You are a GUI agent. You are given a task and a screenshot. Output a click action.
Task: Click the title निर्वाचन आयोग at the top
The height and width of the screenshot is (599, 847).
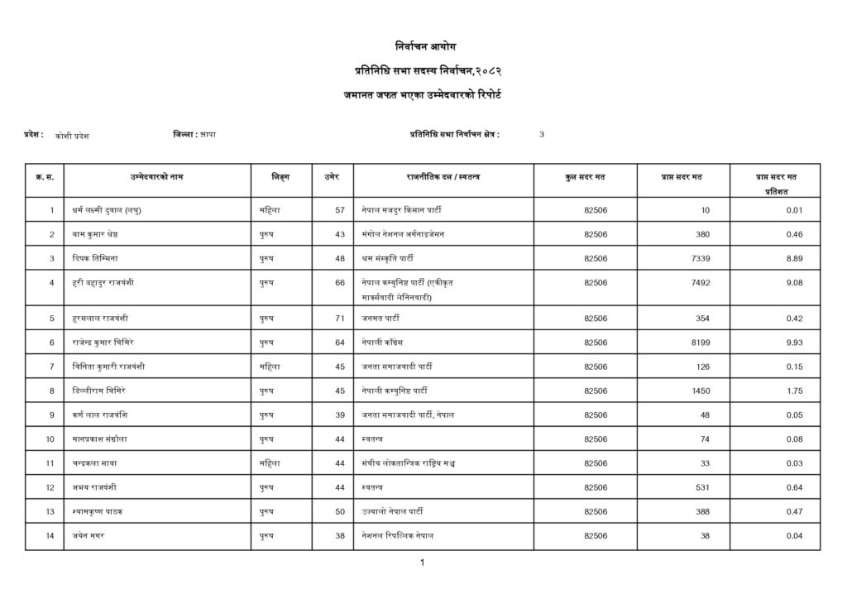(x=423, y=45)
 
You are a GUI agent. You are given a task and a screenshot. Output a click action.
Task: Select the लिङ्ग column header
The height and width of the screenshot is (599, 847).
(x=280, y=177)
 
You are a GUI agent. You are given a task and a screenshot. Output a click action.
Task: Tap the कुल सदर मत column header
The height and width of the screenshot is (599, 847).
(x=584, y=177)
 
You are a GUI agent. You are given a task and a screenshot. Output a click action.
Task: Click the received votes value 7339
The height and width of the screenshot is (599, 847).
(x=699, y=258)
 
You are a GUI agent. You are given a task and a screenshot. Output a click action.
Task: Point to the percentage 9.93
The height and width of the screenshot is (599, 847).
(x=794, y=342)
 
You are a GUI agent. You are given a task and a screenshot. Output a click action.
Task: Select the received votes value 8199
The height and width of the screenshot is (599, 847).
(x=699, y=342)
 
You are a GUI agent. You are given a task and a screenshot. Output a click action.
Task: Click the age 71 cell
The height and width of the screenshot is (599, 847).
(x=339, y=318)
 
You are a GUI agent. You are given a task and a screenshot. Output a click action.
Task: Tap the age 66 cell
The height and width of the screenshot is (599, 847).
(x=339, y=282)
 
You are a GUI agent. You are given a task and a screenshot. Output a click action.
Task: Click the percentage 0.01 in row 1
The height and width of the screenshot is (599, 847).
(x=794, y=210)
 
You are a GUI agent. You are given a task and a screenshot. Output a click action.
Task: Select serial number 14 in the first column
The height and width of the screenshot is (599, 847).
(x=50, y=535)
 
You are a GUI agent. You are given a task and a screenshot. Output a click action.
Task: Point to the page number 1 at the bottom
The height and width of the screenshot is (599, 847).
(x=423, y=563)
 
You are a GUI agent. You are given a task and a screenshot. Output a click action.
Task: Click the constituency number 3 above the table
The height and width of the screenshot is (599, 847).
(x=542, y=134)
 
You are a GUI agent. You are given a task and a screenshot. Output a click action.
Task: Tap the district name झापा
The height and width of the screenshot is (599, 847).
(x=207, y=134)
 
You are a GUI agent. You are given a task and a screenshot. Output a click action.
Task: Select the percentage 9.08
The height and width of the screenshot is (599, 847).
(x=794, y=282)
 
